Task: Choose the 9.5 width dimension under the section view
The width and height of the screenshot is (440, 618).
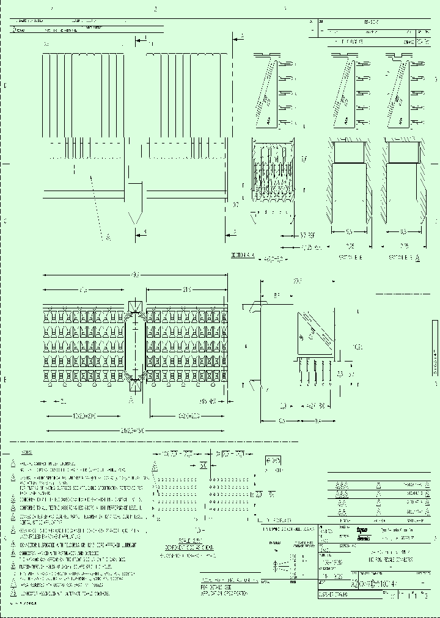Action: click(350, 232)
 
